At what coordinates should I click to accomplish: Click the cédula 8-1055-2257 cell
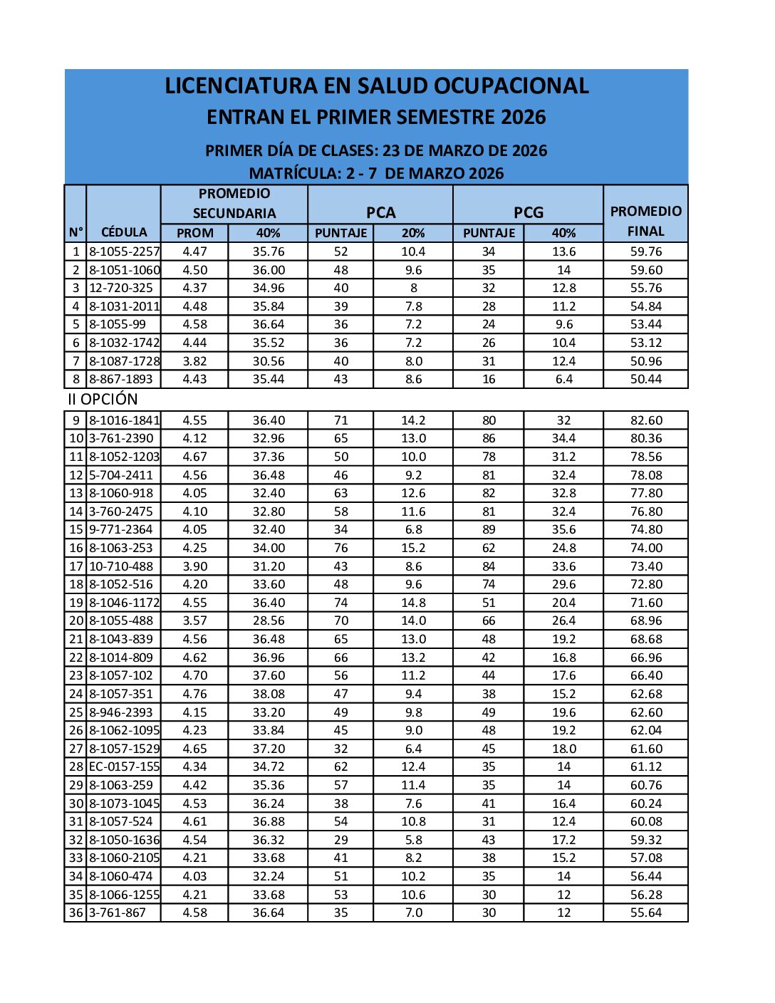[124, 251]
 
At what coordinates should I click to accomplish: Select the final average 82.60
[645, 420]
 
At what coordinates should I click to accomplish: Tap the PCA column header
[380, 212]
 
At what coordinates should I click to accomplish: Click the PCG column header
[528, 212]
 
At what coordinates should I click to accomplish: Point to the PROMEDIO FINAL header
[645, 221]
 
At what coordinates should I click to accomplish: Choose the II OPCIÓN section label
[103, 399]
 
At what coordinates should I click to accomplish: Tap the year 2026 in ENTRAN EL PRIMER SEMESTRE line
[523, 118]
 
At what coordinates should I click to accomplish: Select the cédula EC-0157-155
[124, 766]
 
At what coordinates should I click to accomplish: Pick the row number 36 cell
[76, 913]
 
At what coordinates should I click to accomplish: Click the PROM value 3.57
[194, 620]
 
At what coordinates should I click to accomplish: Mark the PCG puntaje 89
[489, 529]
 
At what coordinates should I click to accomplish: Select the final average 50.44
[645, 379]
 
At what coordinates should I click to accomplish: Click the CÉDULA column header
[124, 232]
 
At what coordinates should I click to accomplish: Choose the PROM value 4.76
[194, 694]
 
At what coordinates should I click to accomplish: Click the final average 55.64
[645, 913]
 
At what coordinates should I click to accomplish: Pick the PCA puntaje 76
[340, 548]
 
